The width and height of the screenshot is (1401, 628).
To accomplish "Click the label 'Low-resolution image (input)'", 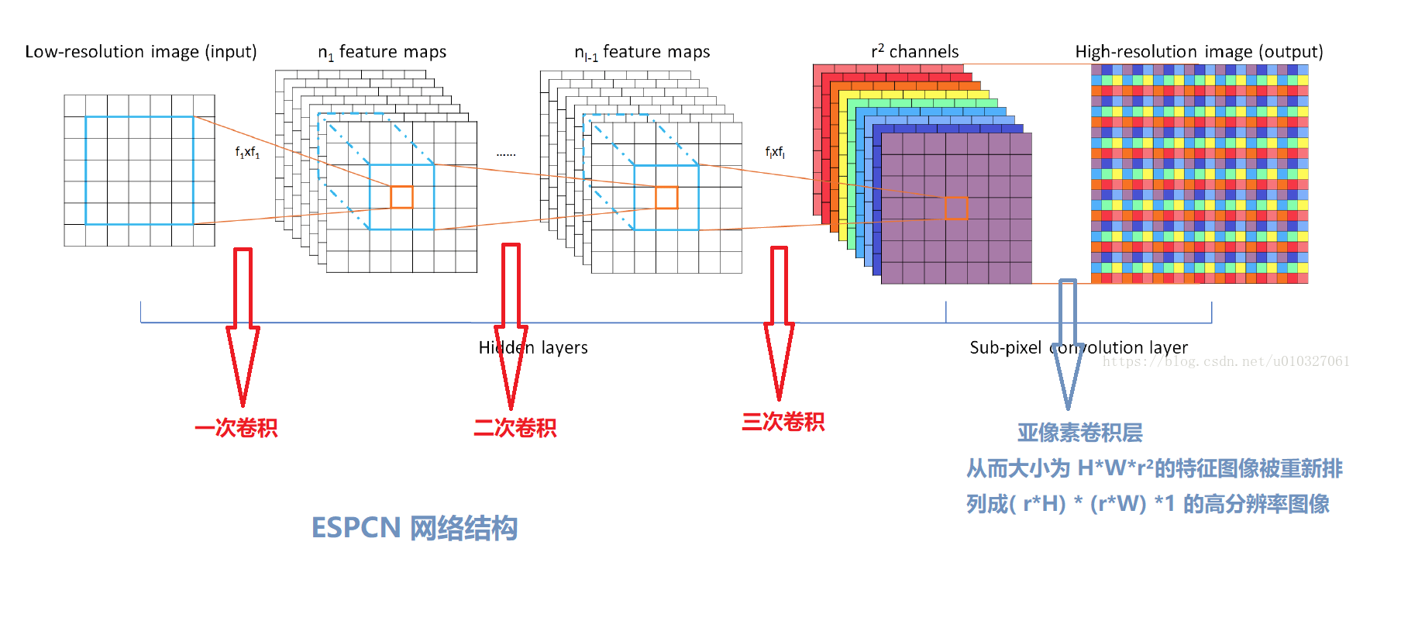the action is pos(141,52).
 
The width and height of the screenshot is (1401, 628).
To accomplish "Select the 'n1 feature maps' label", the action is pos(382,52).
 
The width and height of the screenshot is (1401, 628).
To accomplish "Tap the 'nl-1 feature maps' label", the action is pos(642,52).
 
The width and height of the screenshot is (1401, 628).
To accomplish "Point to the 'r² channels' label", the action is pos(914,52).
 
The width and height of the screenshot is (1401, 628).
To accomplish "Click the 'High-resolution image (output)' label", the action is pos(1199,52).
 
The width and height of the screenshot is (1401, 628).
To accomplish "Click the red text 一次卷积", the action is pos(236,428).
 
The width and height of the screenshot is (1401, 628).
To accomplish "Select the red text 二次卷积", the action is pos(515,428).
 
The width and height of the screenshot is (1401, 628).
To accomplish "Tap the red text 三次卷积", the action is pos(783,422).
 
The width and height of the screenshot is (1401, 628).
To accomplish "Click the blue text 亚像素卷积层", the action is pos(1079,433).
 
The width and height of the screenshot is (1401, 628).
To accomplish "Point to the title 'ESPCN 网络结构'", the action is pos(414,528).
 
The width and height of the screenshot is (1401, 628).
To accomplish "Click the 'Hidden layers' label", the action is pos(533,347).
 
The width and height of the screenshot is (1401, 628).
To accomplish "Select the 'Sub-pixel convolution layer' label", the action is pos(1079,347).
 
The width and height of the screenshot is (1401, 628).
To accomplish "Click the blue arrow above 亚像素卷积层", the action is pos(1068,341).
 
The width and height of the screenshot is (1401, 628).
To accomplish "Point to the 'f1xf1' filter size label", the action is pos(247,153).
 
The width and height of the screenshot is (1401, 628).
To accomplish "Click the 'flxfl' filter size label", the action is pos(775,152).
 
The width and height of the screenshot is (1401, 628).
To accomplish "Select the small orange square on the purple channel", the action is pos(956,208).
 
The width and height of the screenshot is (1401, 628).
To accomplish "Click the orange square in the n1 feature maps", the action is pos(401,197).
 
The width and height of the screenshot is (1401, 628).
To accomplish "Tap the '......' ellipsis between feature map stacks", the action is pos(506,154).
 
